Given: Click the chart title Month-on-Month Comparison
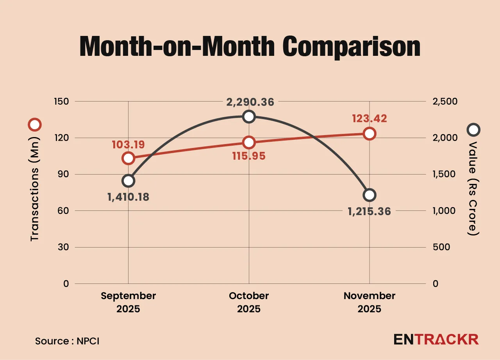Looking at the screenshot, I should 250,47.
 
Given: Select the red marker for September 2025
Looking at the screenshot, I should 129,158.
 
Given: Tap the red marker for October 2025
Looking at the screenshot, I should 249,143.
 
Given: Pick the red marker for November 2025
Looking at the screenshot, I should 369,134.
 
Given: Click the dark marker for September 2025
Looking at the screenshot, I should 129,181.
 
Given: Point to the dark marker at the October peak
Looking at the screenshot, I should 249,116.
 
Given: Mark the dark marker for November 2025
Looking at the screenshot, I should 369,195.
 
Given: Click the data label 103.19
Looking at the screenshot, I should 128,145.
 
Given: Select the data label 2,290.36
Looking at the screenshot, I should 250,102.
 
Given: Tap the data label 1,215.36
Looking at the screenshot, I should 369,211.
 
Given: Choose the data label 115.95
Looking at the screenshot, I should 248,156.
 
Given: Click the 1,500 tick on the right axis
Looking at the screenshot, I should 445,174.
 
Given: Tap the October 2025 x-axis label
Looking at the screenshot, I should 249,302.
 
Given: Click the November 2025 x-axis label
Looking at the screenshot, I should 369,302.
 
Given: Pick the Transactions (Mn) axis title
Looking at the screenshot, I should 34,188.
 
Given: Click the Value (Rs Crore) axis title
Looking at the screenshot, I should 473,188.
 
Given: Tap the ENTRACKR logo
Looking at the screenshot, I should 436,339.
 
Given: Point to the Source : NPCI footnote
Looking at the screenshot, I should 67,341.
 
